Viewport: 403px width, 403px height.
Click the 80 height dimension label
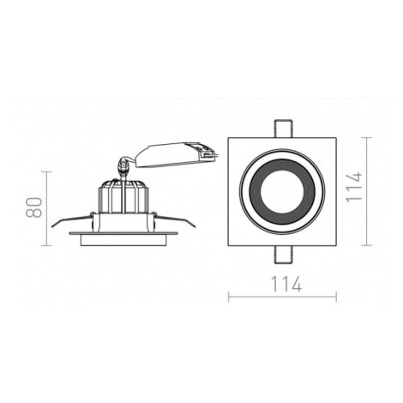(33, 208)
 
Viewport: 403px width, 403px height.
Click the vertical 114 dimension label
(354, 187)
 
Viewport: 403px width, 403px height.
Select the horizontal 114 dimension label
(286, 284)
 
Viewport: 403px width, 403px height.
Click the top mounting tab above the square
(283, 129)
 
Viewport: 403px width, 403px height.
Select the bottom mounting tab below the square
(283, 255)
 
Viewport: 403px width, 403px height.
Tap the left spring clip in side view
(72, 220)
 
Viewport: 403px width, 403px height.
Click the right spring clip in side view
(175, 220)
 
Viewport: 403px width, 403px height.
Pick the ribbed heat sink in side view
(123, 197)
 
